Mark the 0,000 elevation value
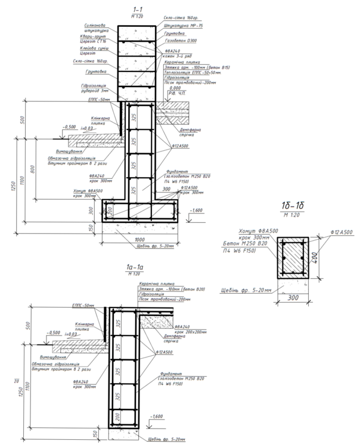pos(175,87)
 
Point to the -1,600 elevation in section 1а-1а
pos(157,416)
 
